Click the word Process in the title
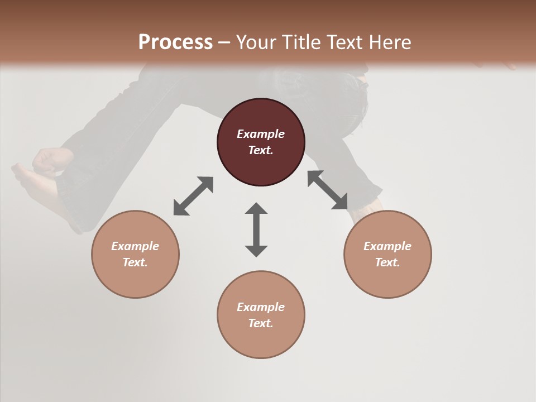pos(175,42)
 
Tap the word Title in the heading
pos(301,42)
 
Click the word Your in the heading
pos(257,42)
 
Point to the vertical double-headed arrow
pos(256,229)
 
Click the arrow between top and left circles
pos(193,196)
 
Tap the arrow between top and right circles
pos(327,190)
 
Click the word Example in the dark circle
pos(261,134)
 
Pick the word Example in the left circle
pos(135,246)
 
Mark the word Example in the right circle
pos(387,246)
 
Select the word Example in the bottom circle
pos(261,307)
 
